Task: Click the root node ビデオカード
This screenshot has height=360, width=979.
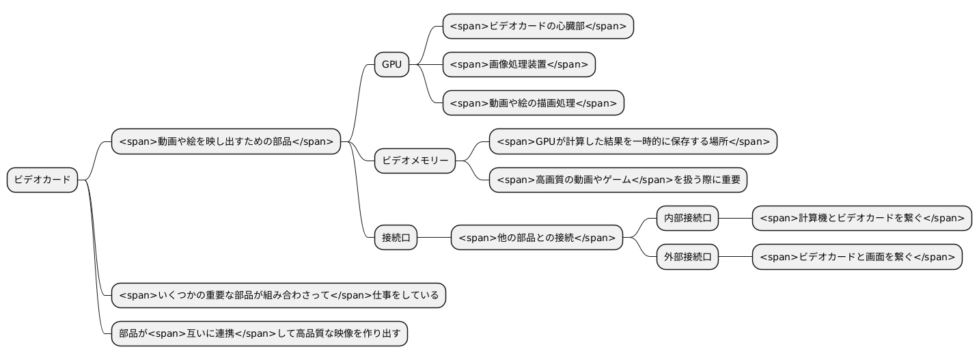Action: [42, 180]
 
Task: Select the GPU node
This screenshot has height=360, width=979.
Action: [391, 65]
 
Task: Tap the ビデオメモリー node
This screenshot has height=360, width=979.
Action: [415, 161]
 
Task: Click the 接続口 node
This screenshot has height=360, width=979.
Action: [396, 238]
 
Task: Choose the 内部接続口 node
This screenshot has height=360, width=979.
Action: [687, 219]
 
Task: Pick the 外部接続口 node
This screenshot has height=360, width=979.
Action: [687, 258]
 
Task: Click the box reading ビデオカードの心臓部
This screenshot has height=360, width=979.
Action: [538, 27]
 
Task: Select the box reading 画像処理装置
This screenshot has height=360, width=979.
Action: [519, 65]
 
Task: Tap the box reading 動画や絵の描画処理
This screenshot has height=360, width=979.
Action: [533, 103]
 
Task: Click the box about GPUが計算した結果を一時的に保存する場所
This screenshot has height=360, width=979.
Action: [633, 141]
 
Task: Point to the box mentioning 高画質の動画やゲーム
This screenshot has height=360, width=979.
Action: [618, 180]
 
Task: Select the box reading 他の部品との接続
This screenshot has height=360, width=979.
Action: [536, 238]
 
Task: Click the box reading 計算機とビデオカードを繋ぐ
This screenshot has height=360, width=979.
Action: [861, 219]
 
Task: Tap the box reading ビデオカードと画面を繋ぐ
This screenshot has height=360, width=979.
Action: [857, 258]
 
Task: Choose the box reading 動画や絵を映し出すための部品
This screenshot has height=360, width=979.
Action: [225, 141]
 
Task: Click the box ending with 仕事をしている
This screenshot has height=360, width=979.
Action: [278, 295]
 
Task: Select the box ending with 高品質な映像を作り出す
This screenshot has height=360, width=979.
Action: [259, 334]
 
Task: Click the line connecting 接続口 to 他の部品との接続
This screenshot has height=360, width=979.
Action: [434, 238]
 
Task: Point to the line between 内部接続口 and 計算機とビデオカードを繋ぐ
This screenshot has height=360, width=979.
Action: [735, 219]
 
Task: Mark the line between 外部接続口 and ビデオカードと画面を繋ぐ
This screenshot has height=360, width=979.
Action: [735, 258]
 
